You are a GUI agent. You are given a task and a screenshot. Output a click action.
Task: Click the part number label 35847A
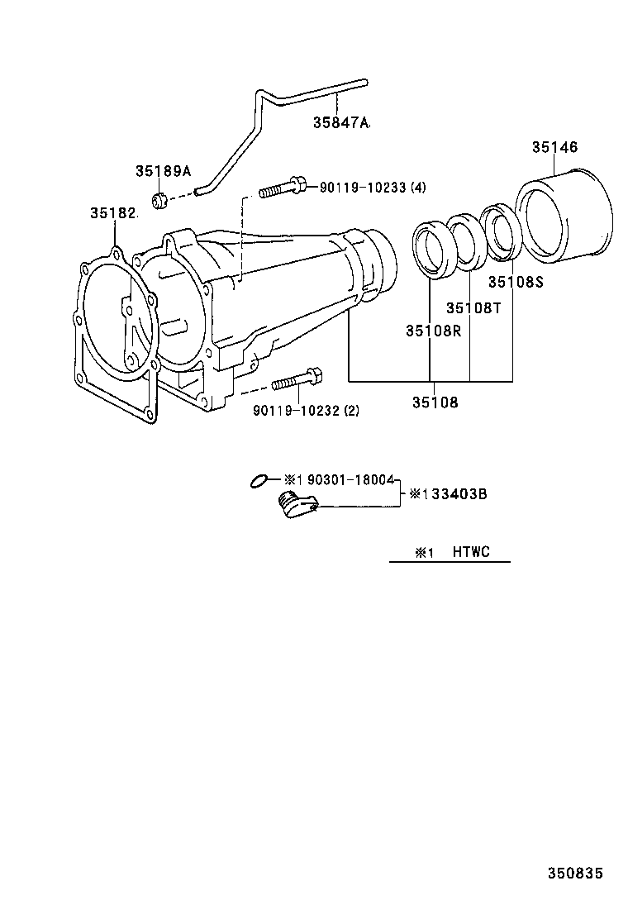pyautogui.click(x=340, y=123)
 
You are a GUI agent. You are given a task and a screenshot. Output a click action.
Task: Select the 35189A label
pyautogui.click(x=163, y=171)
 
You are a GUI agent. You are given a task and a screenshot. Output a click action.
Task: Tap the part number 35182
pyautogui.click(x=112, y=213)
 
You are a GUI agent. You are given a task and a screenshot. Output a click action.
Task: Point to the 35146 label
pyautogui.click(x=554, y=147)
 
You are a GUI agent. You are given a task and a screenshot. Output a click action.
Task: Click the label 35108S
pyautogui.click(x=516, y=282)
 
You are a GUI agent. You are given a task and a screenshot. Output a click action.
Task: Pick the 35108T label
pyautogui.click(x=473, y=307)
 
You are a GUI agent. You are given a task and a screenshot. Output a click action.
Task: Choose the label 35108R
pyautogui.click(x=432, y=331)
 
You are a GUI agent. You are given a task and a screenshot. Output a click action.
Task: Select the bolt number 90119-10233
pyautogui.click(x=361, y=188)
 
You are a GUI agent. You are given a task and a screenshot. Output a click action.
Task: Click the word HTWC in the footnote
pyautogui.click(x=470, y=552)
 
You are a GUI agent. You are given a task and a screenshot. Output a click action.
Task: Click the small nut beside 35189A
pyautogui.click(x=161, y=199)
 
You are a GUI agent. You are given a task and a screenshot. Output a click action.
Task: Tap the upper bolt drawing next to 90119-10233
pyautogui.click(x=282, y=189)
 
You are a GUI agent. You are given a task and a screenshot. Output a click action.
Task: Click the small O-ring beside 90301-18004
pyautogui.click(x=259, y=480)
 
